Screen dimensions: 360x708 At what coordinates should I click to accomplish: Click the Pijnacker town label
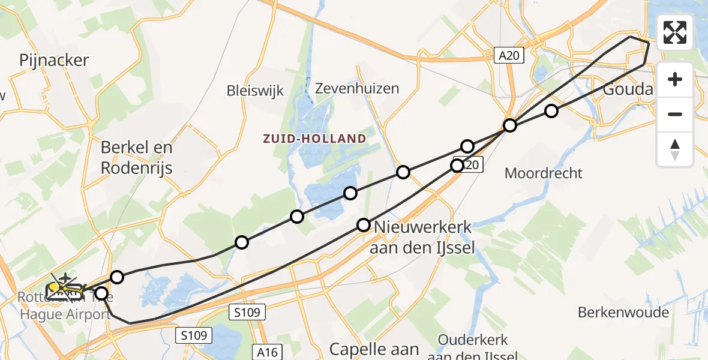54,60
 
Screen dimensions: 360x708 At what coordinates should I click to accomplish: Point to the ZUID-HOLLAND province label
314,139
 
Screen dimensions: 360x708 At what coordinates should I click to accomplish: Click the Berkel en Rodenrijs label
137,157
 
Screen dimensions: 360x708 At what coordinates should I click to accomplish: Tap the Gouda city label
628,89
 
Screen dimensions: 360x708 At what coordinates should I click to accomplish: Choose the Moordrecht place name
544,173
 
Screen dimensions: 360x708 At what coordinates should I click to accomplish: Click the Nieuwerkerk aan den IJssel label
424,237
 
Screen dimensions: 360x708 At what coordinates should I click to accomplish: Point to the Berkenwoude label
623,313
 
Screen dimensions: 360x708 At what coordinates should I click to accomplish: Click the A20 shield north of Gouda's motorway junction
510,56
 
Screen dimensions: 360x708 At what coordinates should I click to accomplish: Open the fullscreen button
675,32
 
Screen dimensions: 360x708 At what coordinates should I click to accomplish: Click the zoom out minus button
675,114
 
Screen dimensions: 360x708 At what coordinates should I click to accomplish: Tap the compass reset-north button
675,148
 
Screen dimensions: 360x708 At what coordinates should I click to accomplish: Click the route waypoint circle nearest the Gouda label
551,110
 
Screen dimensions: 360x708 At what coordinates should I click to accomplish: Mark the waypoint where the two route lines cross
510,125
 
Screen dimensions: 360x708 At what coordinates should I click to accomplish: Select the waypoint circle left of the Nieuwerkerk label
364,225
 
